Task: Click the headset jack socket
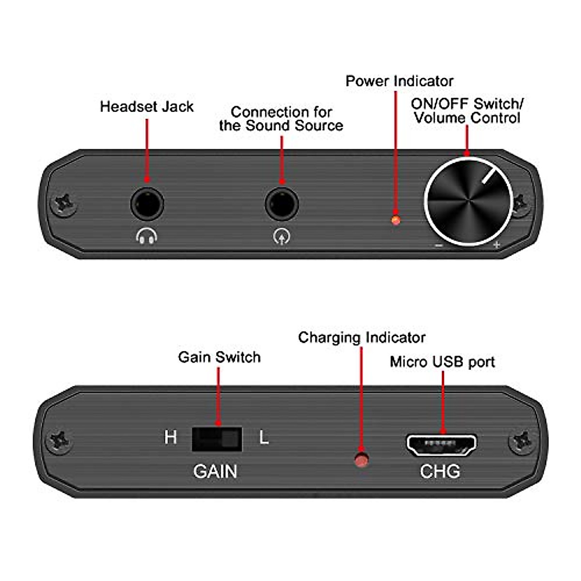[x=147, y=203]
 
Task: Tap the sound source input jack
[x=282, y=203]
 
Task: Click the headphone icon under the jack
[x=147, y=236]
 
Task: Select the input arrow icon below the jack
[x=282, y=236]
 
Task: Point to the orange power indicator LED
[x=396, y=220]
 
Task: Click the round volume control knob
[x=468, y=201]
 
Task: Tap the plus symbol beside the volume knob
[x=496, y=245]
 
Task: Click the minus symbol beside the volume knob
[x=439, y=245]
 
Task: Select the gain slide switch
[x=217, y=439]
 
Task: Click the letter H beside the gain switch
[x=170, y=438]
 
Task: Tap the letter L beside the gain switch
[x=264, y=438]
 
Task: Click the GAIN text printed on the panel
[x=215, y=471]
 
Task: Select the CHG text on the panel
[x=440, y=471]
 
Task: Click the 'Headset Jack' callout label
[x=147, y=107]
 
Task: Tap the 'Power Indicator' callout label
[x=399, y=81]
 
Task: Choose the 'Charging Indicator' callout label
[x=362, y=337]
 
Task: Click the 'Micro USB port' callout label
[x=443, y=362]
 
